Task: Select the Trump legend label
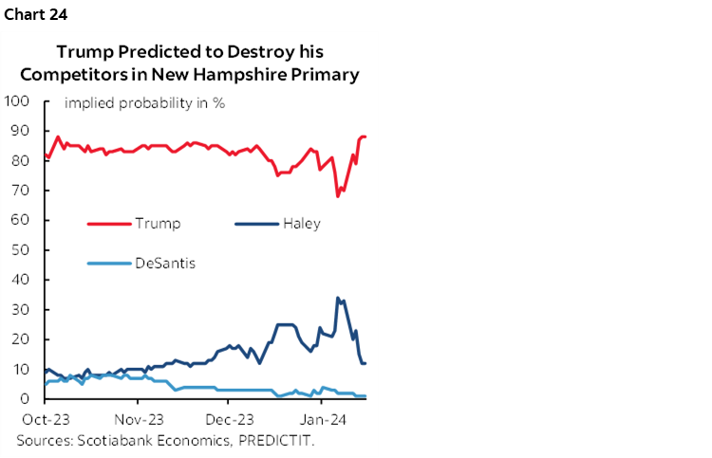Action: pos(158,225)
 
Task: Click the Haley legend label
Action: pos(301,225)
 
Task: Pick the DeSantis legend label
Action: pos(164,263)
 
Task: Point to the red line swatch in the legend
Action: pos(108,225)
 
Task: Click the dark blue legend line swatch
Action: pos(253,225)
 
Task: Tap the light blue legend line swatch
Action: pos(108,263)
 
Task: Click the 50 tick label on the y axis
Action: pos(21,249)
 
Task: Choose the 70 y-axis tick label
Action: pos(21,191)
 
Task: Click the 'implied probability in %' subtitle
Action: pos(144,102)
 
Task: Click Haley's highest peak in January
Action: pos(338,298)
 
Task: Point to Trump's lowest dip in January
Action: pos(338,196)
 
